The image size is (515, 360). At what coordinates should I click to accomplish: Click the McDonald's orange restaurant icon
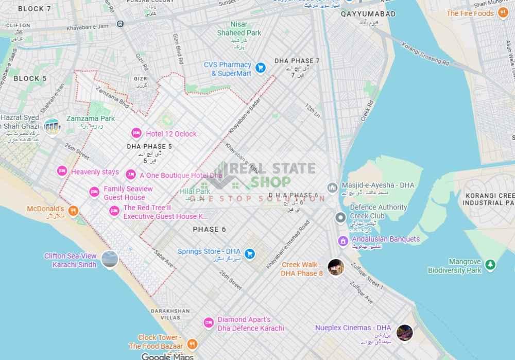coord(74,210)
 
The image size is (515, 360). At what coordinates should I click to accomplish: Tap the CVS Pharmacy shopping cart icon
coord(261,67)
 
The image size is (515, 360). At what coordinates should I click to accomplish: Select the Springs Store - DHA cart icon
coord(250,253)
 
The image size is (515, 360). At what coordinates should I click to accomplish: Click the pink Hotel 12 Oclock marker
coord(136,133)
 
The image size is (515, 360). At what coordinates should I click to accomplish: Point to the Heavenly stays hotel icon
coord(62,171)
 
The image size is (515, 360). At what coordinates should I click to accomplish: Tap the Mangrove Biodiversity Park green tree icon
coord(491,265)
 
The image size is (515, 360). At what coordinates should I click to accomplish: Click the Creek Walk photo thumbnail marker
coord(336,267)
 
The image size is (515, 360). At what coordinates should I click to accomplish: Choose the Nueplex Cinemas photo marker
coord(405,332)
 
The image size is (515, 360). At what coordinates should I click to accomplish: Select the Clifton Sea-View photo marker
coord(109,260)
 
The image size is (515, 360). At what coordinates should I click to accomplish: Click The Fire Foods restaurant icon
coord(503,13)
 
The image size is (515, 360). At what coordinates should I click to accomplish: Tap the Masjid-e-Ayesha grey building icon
coord(332,187)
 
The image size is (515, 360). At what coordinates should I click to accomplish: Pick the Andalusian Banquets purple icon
coord(342,241)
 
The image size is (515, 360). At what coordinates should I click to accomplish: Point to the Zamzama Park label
coord(90,118)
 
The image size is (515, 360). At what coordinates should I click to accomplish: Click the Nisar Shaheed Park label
coord(238,29)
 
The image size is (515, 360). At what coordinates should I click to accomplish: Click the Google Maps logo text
coord(167,356)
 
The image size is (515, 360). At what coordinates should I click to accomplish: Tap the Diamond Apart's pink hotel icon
coord(209,322)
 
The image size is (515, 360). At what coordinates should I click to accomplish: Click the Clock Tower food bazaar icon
coord(192,344)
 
